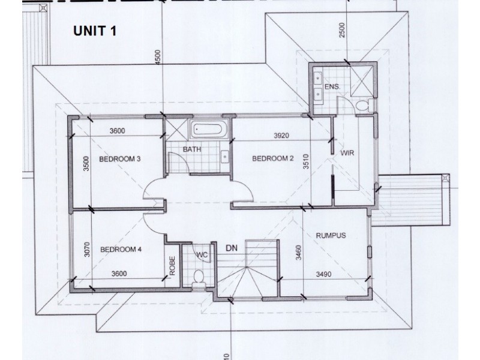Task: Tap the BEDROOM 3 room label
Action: (x=120, y=159)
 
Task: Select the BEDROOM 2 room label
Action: (x=272, y=159)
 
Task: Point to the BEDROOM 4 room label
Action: (x=120, y=249)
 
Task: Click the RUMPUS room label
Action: (x=331, y=236)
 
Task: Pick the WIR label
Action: (x=347, y=154)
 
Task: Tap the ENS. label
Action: (x=332, y=87)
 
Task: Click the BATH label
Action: (x=192, y=149)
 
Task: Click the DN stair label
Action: (x=232, y=247)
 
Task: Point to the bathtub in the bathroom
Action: (x=208, y=129)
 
